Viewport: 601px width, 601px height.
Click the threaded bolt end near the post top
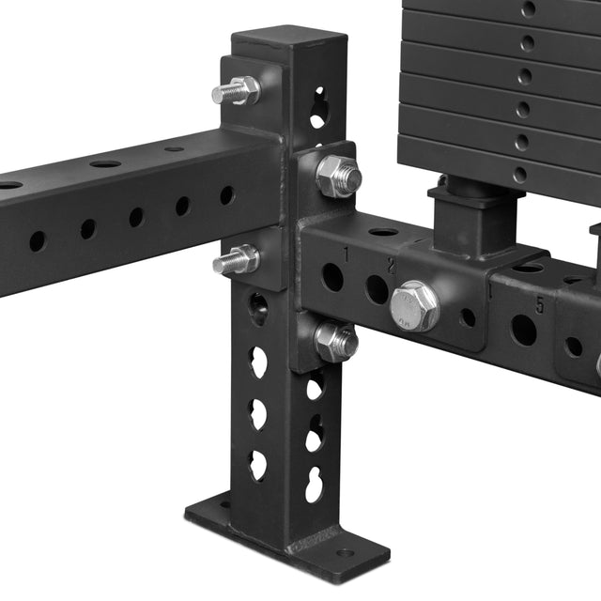[x=235, y=91]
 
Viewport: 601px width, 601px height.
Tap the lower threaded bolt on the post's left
[x=235, y=259]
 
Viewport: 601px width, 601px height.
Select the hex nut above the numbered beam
[x=338, y=176]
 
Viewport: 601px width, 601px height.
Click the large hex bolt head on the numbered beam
[x=414, y=304]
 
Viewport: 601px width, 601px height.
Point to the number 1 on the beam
[x=346, y=254]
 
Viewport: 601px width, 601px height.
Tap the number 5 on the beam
[x=540, y=305]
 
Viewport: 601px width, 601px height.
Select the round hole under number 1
[x=331, y=276]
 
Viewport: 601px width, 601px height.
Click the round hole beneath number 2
[x=377, y=289]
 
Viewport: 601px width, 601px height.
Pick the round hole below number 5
[x=523, y=330]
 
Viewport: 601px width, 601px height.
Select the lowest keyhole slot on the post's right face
[x=315, y=484]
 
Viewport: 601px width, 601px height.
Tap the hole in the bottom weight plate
[x=519, y=175]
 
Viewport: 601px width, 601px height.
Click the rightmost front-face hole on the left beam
[x=227, y=196]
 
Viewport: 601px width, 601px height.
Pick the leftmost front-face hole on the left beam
[x=38, y=240]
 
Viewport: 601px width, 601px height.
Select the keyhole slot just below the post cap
[x=318, y=107]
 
